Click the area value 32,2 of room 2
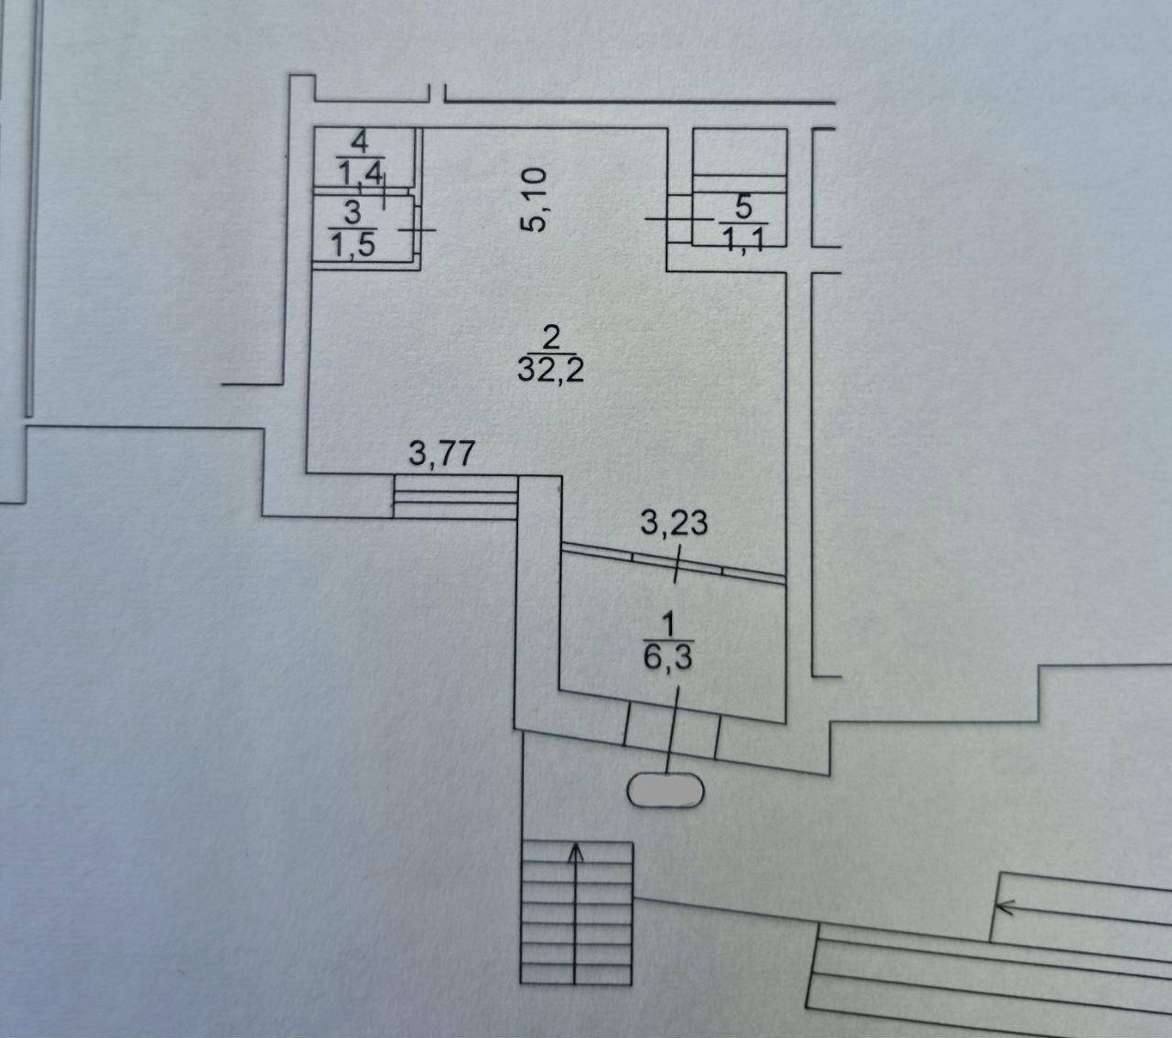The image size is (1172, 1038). (x=550, y=370)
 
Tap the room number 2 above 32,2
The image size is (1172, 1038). (x=551, y=339)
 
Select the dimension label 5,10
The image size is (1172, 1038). (x=534, y=200)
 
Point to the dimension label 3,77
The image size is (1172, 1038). (x=442, y=453)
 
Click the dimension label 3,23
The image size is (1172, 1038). (x=674, y=524)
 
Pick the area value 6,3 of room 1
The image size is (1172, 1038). (x=667, y=657)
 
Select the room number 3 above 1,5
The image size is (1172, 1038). (x=353, y=213)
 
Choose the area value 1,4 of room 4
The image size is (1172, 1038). (x=361, y=173)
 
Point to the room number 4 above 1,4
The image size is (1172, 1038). (x=360, y=142)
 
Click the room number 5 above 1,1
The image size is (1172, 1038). (x=743, y=208)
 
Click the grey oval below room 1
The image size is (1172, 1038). (x=666, y=790)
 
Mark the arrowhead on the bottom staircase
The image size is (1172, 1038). (x=576, y=853)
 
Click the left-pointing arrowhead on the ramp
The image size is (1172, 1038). (x=1004, y=908)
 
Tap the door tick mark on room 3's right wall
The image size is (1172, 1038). (x=418, y=230)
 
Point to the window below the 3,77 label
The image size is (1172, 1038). (x=455, y=497)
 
